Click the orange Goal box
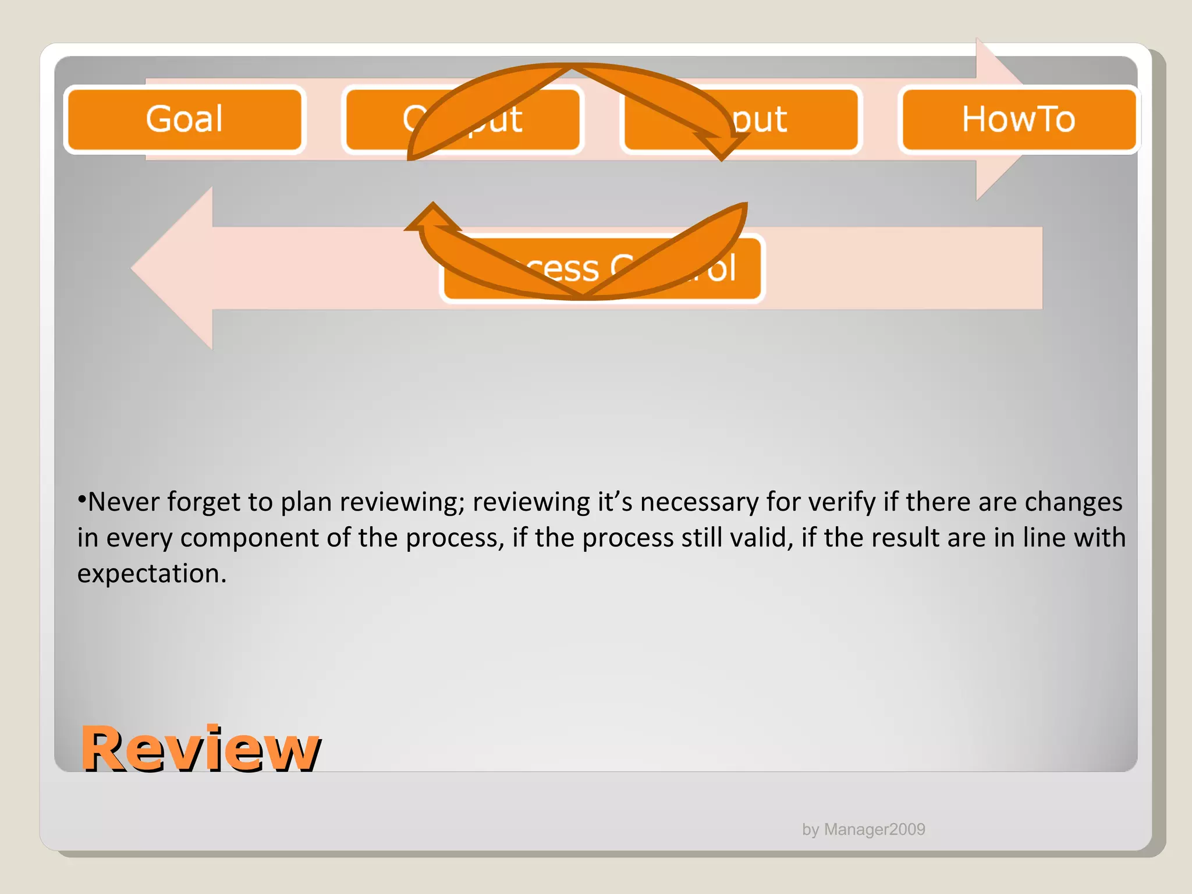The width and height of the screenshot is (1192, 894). click(185, 119)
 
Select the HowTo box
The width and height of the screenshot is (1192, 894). click(1018, 119)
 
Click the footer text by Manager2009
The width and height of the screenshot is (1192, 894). click(863, 829)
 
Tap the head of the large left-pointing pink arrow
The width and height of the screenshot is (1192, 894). click(172, 268)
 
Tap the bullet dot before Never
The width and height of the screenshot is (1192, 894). click(82, 499)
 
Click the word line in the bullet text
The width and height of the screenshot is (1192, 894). click(1044, 538)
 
